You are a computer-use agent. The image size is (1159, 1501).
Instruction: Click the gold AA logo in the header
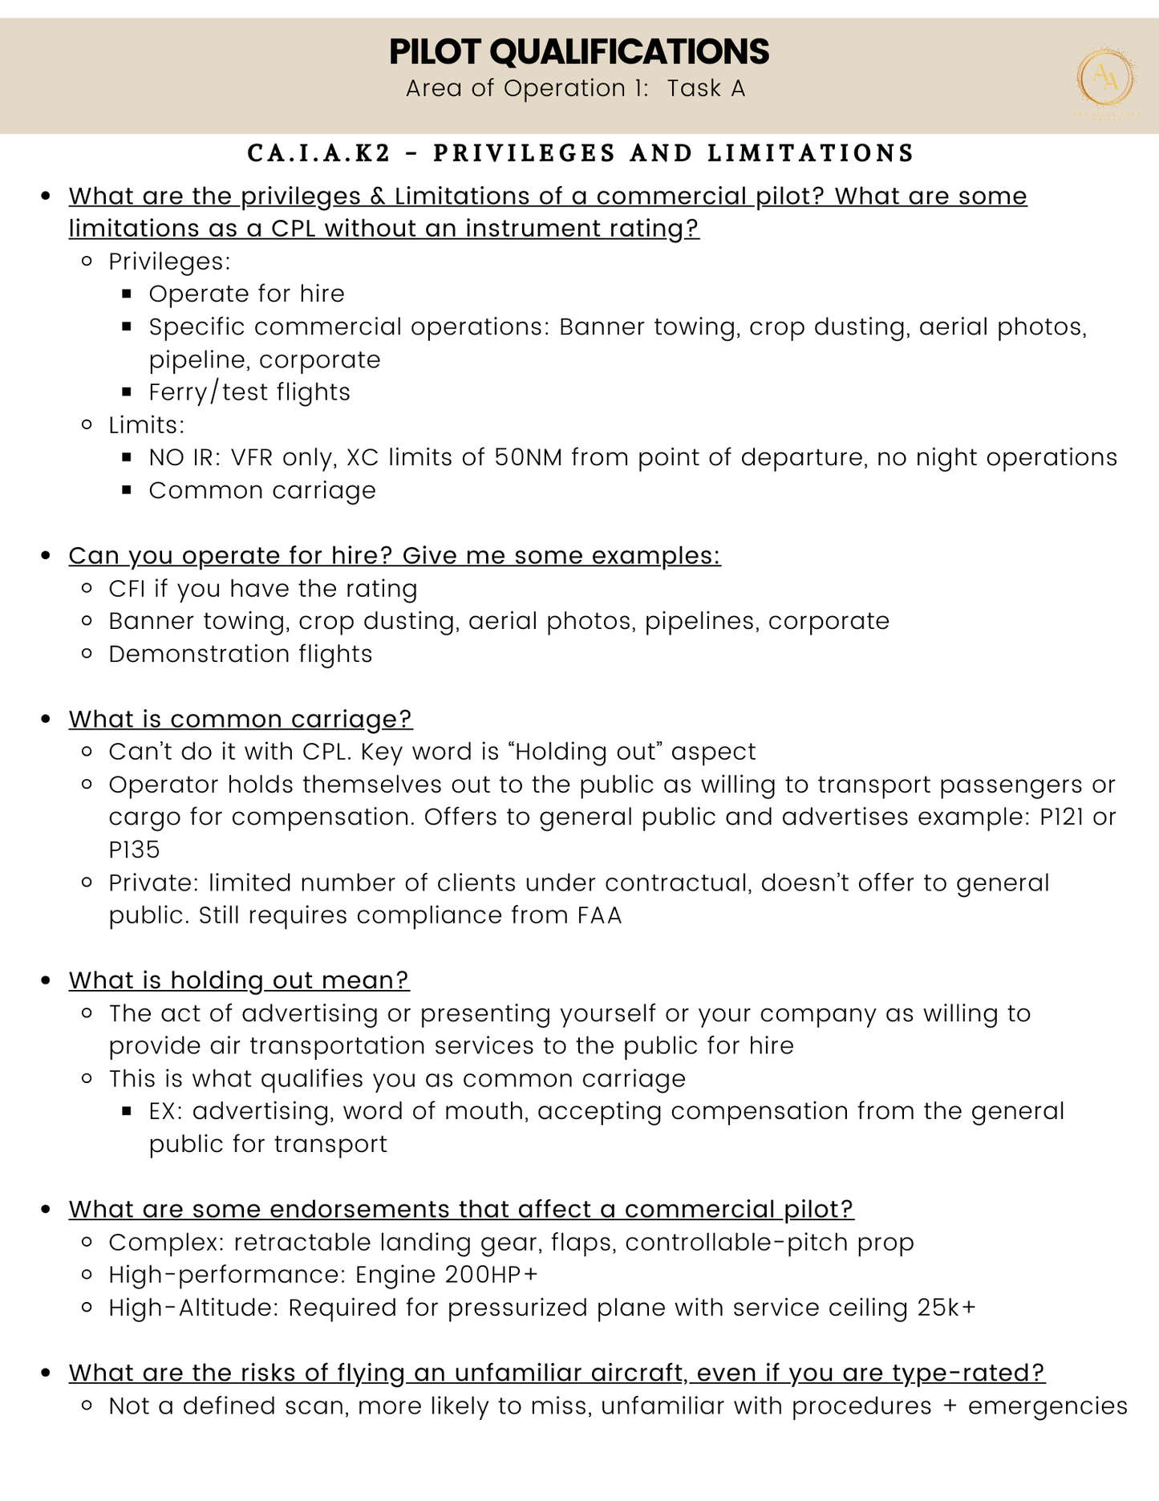point(1105,79)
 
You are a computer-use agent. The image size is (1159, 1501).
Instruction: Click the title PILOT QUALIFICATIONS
point(578,51)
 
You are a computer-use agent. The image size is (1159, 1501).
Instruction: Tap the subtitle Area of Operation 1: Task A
point(575,88)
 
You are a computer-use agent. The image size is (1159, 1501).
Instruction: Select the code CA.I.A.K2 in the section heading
point(319,153)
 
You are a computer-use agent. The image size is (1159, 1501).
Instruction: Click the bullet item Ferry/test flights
point(249,392)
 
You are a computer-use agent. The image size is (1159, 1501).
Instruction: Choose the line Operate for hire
point(246,294)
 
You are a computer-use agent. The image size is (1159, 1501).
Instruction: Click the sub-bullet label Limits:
point(147,425)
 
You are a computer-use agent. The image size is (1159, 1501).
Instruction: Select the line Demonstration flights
point(241,654)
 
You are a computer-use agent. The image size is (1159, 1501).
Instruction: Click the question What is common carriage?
point(240,719)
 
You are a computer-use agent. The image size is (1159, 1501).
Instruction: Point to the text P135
point(134,850)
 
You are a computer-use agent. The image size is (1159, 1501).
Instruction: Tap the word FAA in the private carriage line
point(599,915)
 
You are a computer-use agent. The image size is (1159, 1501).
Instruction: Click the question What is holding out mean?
point(238,980)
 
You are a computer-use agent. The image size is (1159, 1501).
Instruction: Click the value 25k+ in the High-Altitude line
point(946,1308)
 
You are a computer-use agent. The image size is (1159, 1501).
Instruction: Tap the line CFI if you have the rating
point(263,589)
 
